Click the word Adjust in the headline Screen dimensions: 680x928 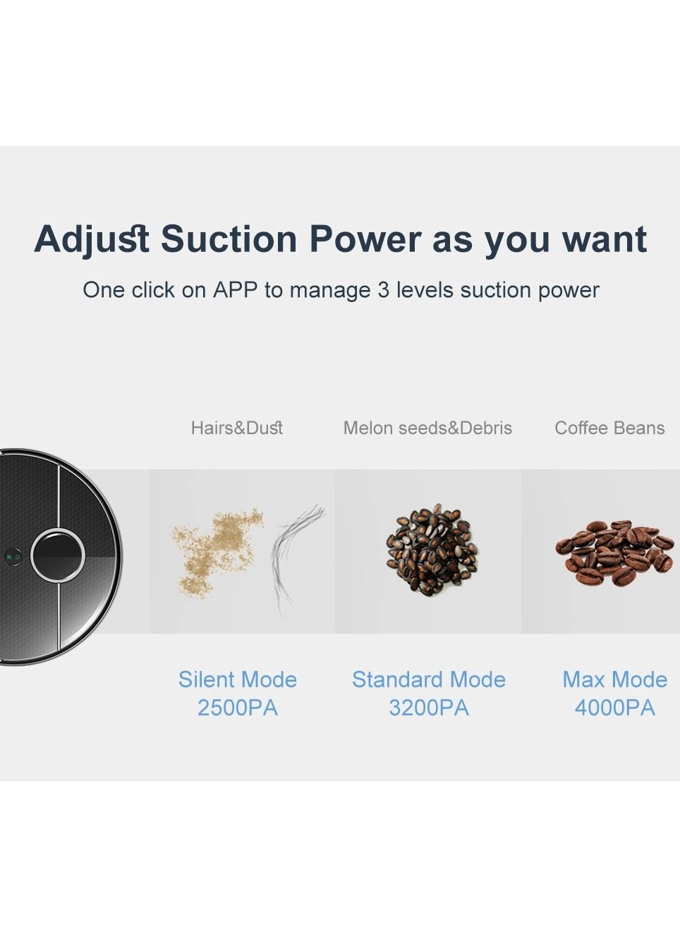tap(92, 239)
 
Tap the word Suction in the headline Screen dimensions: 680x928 tap(229, 239)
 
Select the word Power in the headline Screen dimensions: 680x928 tap(365, 239)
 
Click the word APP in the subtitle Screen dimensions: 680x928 tap(235, 290)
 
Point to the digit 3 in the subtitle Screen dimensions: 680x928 tap(383, 290)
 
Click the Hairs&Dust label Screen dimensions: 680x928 tap(237, 428)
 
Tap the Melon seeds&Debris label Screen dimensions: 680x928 tap(427, 428)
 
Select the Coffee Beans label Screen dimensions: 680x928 tap(609, 428)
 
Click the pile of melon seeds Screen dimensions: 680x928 tap(432, 549)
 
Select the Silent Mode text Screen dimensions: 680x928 tap(237, 680)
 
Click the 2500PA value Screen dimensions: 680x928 tap(237, 708)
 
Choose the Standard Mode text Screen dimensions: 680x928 tap(429, 680)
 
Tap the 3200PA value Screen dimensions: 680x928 tap(429, 708)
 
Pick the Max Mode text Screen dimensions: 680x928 tap(614, 680)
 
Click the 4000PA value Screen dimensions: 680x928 tap(614, 708)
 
